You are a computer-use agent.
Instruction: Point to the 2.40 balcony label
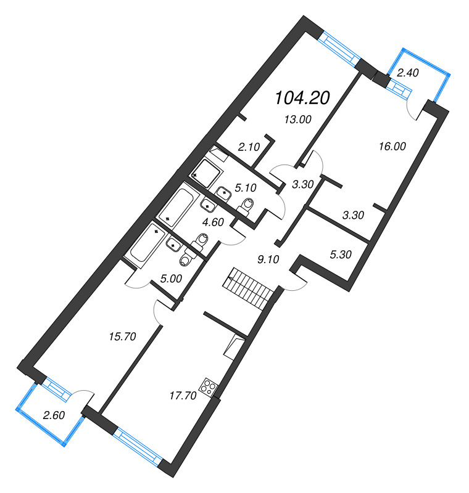(408, 73)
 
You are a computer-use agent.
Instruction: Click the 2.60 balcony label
(52, 415)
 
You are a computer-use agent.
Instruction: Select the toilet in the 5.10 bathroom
(248, 203)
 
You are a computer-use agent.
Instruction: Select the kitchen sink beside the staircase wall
(236, 346)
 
